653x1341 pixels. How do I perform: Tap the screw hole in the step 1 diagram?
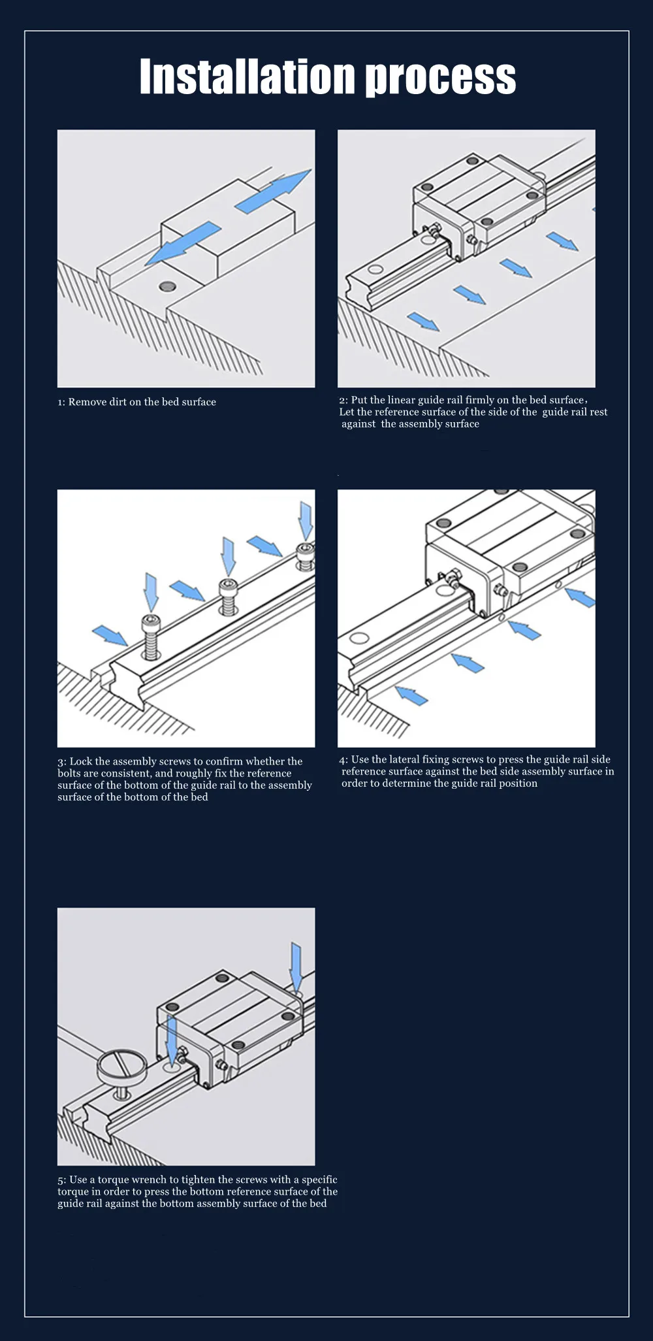point(168,286)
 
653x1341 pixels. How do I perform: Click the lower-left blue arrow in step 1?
point(183,242)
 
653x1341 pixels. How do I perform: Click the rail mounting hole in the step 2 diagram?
point(375,269)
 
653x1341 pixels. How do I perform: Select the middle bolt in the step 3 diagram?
point(228,595)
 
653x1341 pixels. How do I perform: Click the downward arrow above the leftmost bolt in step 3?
point(151,592)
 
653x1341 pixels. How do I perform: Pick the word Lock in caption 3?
point(81,761)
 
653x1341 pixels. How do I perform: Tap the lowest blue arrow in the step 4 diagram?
point(411,695)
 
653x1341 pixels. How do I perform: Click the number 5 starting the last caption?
point(61,1180)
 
